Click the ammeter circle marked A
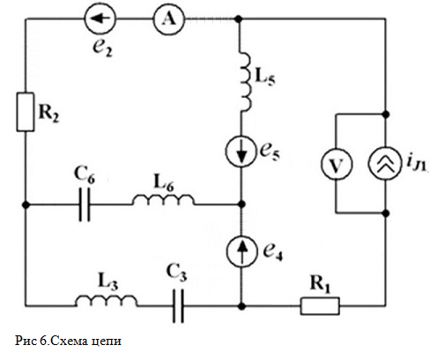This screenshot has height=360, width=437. (x=169, y=19)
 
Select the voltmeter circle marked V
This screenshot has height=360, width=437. (x=336, y=164)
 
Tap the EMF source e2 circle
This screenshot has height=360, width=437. (x=100, y=19)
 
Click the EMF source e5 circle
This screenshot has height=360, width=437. (x=241, y=151)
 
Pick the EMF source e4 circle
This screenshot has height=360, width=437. (x=241, y=251)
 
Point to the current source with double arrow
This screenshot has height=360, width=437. (x=385, y=164)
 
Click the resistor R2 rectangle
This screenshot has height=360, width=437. (x=26, y=112)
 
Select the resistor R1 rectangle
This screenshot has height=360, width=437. (x=320, y=306)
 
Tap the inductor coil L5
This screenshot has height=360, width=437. (x=246, y=82)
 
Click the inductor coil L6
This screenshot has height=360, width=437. (x=163, y=199)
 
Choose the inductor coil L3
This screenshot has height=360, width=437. (x=107, y=300)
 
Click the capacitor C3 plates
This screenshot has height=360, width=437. (x=178, y=306)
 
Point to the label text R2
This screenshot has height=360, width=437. (x=48, y=113)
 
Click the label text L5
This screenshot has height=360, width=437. (x=265, y=77)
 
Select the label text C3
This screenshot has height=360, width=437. (x=176, y=273)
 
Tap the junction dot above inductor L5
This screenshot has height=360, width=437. (x=239, y=19)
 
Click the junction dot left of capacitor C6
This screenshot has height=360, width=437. (x=26, y=205)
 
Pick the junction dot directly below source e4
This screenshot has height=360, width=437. (x=241, y=306)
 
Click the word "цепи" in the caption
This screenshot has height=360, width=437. (x=107, y=342)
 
